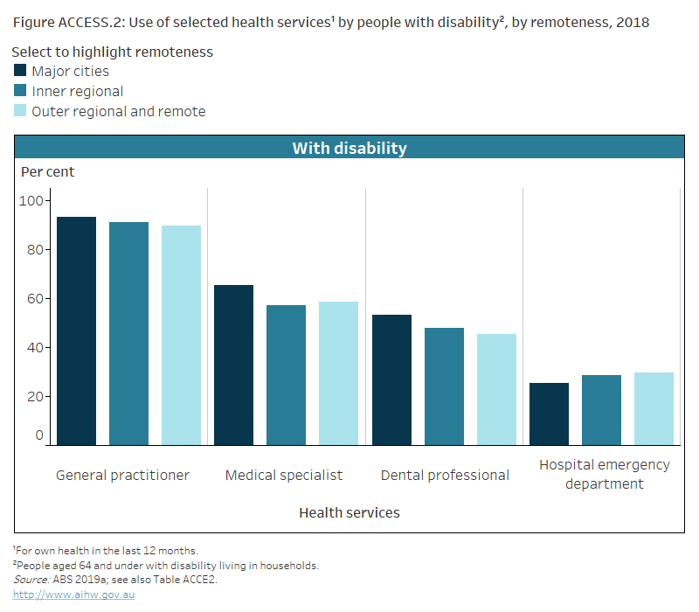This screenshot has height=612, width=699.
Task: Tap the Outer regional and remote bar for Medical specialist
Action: point(338,373)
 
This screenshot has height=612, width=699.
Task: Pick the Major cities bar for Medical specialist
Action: point(233,365)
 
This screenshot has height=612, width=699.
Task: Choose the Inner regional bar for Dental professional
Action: point(444,386)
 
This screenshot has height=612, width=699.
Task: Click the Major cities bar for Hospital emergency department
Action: point(549,414)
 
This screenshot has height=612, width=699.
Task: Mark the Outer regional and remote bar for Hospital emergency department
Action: point(654,408)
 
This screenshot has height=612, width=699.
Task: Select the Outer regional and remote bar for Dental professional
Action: point(496,389)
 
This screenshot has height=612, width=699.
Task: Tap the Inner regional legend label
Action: point(77,91)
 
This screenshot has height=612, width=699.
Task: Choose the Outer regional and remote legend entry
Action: point(118,111)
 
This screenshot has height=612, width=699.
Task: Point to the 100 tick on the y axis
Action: point(31,200)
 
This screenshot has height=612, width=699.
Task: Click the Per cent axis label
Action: point(48,171)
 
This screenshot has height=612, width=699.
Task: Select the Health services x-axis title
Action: point(349,512)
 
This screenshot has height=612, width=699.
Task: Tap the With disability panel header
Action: point(349,148)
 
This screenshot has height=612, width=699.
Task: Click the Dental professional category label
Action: point(445,475)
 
